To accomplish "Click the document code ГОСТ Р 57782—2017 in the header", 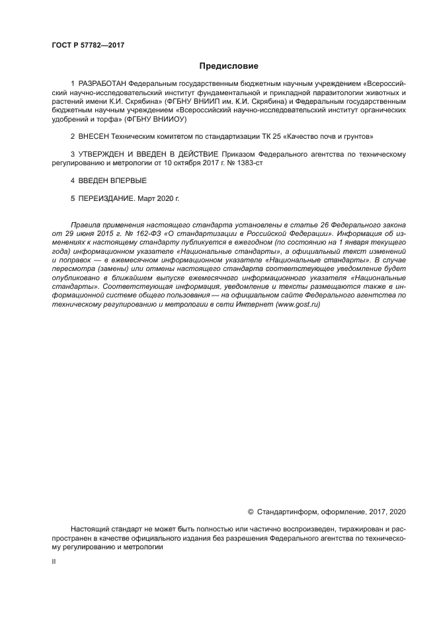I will (x=88, y=45).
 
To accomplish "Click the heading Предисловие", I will (x=229, y=66).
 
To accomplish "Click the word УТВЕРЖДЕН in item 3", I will (x=100, y=154).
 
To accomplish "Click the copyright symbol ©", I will (x=251, y=512).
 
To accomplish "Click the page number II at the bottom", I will (x=54, y=562).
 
